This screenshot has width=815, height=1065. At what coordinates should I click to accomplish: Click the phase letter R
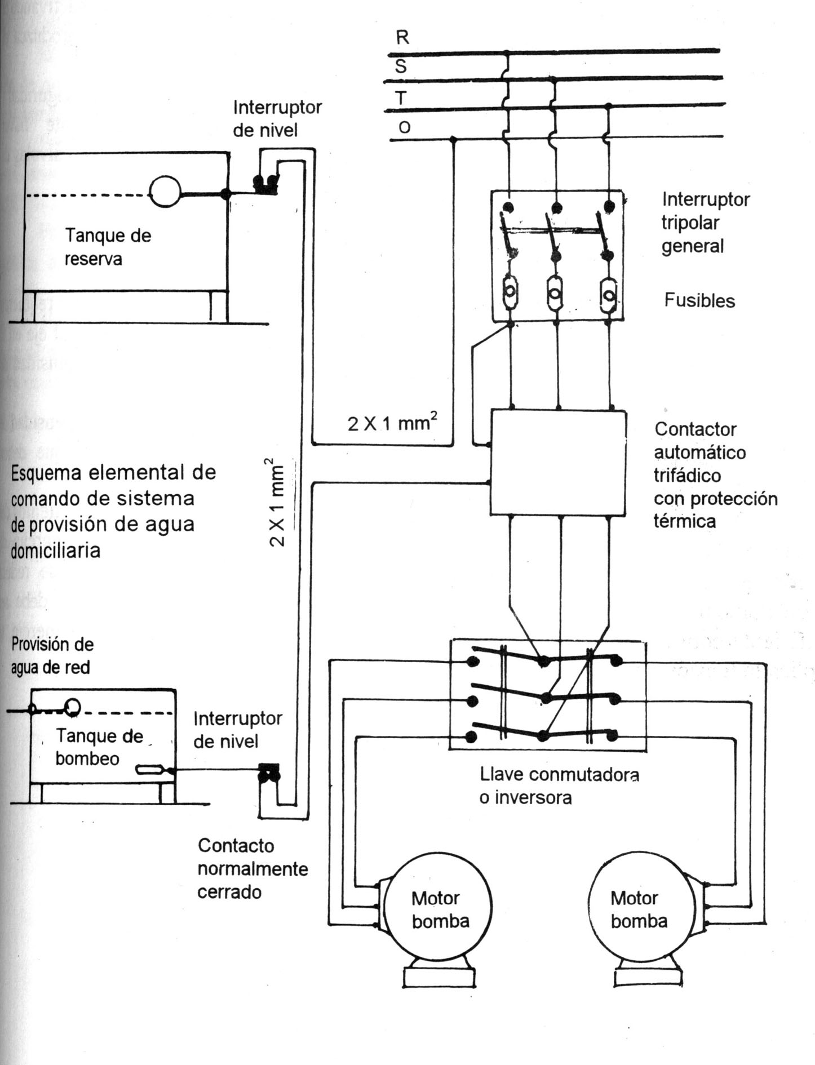(402, 37)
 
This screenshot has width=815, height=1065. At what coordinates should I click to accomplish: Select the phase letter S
(401, 66)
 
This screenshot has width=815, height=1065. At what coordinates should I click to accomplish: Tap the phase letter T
(401, 99)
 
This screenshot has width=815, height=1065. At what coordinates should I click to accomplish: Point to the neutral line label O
(404, 128)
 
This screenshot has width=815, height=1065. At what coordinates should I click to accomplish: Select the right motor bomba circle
(641, 912)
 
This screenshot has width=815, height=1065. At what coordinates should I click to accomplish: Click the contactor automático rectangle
(559, 462)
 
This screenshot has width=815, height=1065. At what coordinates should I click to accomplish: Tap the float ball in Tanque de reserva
(165, 192)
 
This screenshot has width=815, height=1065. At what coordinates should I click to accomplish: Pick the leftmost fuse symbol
(510, 292)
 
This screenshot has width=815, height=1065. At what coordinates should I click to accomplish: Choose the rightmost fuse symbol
(608, 294)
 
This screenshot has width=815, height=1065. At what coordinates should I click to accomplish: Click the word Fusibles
(699, 300)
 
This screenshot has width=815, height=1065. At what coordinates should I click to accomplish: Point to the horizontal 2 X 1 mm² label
(392, 421)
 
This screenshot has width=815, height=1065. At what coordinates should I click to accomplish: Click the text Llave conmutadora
(559, 774)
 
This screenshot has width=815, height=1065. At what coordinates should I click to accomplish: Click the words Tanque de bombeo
(99, 747)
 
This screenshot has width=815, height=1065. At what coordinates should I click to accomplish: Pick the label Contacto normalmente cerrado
(253, 868)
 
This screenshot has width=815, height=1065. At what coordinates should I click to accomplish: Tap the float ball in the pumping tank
(72, 706)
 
